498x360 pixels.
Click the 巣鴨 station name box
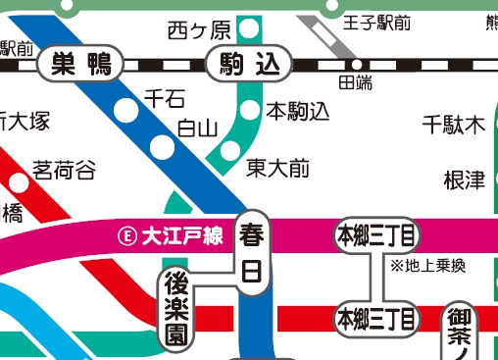[x=79, y=66]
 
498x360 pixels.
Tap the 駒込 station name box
[x=250, y=66]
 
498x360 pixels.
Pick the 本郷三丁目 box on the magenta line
[x=375, y=235]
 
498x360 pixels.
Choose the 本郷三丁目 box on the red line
[x=375, y=319]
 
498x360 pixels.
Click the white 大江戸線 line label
[x=183, y=235]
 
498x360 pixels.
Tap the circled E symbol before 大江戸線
[x=125, y=235]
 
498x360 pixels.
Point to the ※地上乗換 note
[x=427, y=266]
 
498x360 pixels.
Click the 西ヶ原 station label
[x=199, y=27]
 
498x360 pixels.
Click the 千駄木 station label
[x=454, y=125]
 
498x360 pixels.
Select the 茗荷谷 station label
[x=65, y=171]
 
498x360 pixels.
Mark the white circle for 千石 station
[x=127, y=109]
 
